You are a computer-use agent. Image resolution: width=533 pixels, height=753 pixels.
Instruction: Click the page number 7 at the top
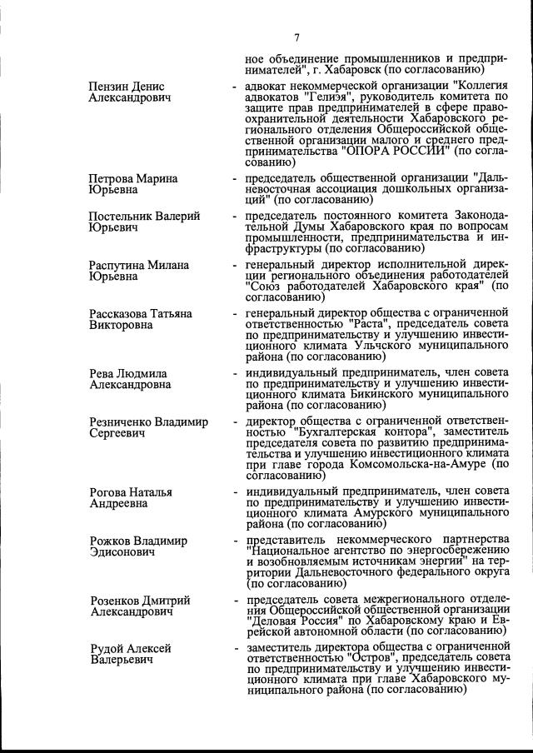point(296,37)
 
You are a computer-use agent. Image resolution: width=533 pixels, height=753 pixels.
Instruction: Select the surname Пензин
point(109,87)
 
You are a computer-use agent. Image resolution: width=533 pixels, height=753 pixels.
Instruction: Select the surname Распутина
point(117,265)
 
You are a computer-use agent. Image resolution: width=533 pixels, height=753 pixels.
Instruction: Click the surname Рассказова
point(121,313)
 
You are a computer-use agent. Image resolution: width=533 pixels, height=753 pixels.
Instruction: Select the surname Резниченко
point(123,422)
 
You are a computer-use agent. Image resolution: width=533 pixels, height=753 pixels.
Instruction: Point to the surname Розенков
point(117,601)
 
